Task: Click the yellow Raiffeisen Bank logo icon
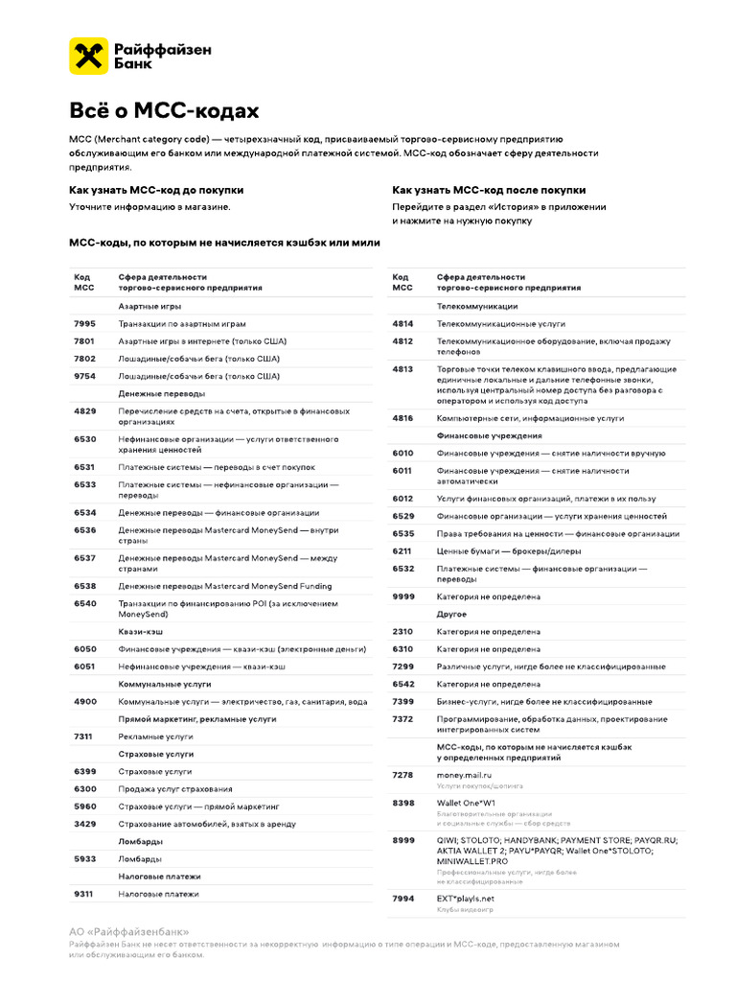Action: click(87, 57)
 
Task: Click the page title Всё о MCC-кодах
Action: click(164, 111)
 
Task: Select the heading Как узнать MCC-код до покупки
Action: click(156, 190)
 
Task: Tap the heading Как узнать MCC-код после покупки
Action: click(489, 190)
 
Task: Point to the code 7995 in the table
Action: click(84, 324)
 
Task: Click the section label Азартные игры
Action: click(149, 306)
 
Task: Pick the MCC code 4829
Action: click(84, 411)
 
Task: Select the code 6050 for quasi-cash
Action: click(84, 648)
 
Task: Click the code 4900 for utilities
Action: click(84, 701)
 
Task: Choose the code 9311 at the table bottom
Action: click(84, 894)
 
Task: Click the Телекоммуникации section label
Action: click(477, 306)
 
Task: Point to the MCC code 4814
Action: click(402, 324)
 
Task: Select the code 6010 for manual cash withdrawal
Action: click(402, 453)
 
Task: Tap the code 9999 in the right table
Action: click(402, 596)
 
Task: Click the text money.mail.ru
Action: click(464, 774)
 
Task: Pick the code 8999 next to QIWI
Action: click(402, 840)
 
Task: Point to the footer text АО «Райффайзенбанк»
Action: click(129, 931)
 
